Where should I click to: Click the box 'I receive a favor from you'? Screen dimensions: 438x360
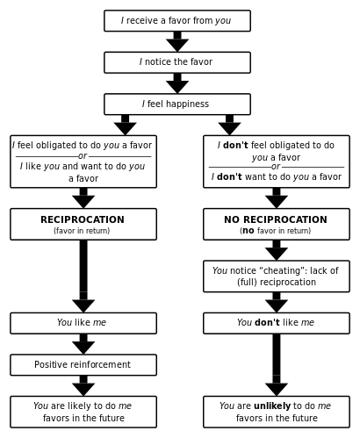176,21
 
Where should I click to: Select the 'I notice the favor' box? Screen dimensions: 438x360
176,62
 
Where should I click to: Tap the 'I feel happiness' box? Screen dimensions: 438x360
176,104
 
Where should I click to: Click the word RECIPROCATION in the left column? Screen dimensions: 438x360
83,219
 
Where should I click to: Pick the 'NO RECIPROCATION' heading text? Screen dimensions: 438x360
275,219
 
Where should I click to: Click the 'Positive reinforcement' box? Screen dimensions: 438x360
83,365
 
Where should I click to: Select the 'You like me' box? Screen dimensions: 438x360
83,323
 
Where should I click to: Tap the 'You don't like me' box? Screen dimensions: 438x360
276,323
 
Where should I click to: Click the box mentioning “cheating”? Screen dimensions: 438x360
276,276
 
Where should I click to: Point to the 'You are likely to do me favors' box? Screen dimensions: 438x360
83,412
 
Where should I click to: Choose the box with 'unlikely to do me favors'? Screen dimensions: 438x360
276,412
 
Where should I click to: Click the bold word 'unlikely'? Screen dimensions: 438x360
271,406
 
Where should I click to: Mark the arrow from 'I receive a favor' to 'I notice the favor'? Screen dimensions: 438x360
177,41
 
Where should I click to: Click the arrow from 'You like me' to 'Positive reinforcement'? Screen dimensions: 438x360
83,344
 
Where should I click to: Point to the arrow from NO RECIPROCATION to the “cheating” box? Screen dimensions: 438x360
277,250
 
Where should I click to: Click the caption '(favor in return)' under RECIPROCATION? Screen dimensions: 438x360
82,232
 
